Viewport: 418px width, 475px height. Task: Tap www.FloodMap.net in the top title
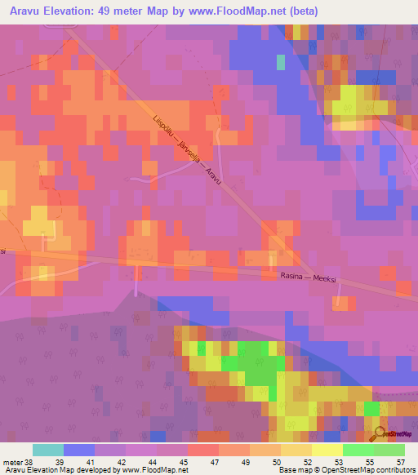pyautogui.click(x=246, y=11)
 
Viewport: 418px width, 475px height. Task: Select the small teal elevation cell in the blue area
pyautogui.click(x=281, y=62)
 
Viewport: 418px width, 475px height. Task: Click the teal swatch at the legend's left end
pyautogui.click(x=47, y=450)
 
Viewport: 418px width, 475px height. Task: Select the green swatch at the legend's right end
pyautogui.click(x=389, y=450)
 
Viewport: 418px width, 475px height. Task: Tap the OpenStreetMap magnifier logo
pyautogui.click(x=380, y=432)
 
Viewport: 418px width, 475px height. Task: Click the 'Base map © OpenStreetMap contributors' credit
pyautogui.click(x=346, y=470)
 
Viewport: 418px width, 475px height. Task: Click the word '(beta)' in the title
pyautogui.click(x=301, y=11)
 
